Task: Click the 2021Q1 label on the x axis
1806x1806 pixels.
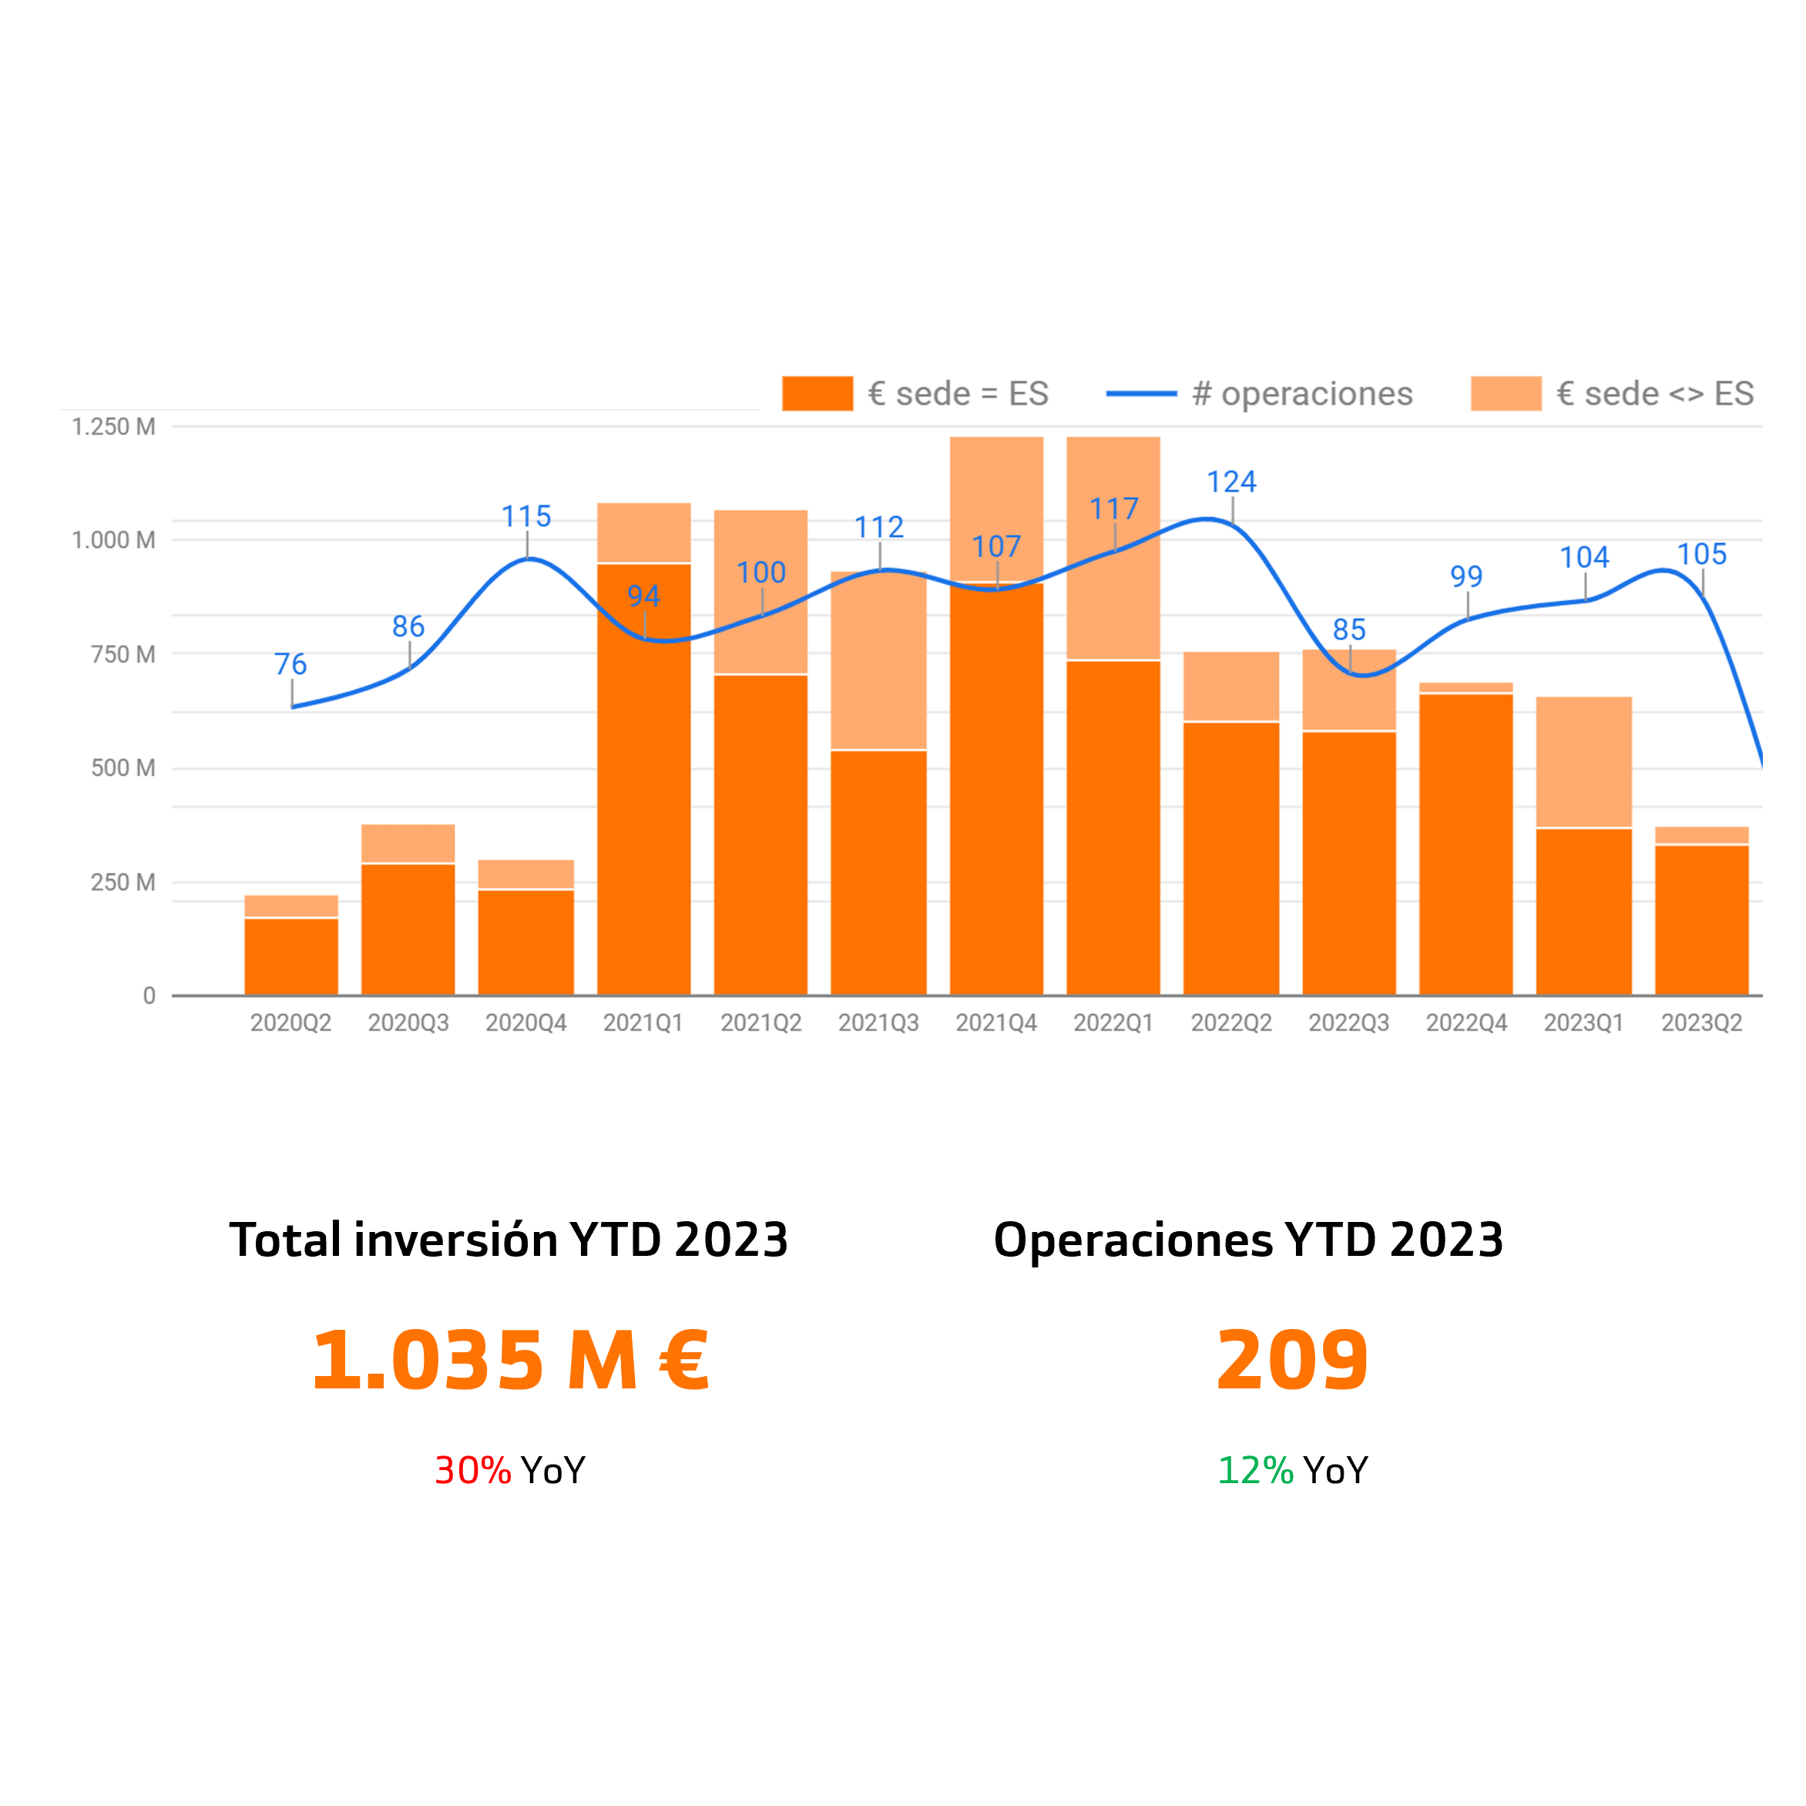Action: tap(643, 1022)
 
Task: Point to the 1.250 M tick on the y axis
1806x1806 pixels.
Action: tap(114, 427)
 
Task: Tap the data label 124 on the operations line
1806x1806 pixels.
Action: tap(1231, 482)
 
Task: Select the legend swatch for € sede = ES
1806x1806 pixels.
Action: tap(817, 394)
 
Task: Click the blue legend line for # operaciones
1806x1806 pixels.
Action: tap(1140, 394)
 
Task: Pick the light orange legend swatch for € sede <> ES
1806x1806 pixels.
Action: tap(1505, 394)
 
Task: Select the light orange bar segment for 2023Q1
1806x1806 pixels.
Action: tap(1583, 762)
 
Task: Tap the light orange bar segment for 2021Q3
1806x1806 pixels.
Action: tap(878, 660)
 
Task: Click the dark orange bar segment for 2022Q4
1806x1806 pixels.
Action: tap(1465, 844)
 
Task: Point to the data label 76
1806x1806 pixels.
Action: tap(290, 665)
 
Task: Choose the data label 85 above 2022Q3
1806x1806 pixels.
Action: tap(1349, 630)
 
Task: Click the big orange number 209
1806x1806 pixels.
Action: tap(1292, 1361)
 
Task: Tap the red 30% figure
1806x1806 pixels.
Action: tap(473, 1470)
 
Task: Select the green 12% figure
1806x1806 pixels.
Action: tap(1255, 1470)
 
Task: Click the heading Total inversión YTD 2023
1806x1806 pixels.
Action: tap(509, 1240)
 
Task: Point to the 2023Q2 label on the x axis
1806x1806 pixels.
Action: tap(1701, 1022)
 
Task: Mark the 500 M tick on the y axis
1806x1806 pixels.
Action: tap(123, 768)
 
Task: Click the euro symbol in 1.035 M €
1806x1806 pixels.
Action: tap(684, 1361)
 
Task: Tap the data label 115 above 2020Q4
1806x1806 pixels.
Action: tap(526, 517)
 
